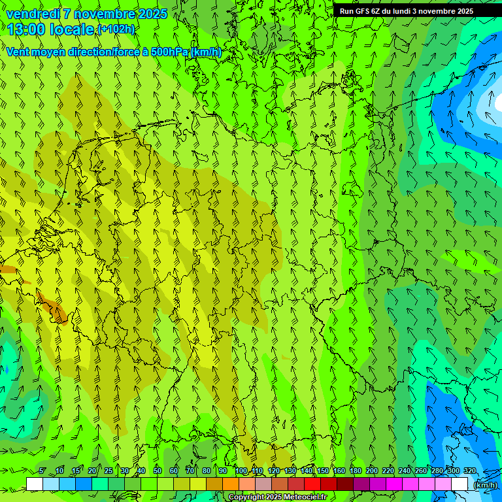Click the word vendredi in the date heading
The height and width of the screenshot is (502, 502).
[32, 14]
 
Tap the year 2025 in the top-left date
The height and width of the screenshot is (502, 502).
[147, 14]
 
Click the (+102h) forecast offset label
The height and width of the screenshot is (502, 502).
[116, 29]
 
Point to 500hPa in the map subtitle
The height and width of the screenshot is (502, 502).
[169, 52]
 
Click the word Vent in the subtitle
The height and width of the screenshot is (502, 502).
[18, 52]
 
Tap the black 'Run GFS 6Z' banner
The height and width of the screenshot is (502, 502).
[407, 10]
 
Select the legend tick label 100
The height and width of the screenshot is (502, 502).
[241, 471]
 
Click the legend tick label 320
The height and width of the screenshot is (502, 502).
[469, 471]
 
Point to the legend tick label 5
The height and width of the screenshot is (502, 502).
[42, 471]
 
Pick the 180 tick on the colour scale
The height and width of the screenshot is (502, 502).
[355, 471]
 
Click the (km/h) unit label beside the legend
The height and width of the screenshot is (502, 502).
[485, 485]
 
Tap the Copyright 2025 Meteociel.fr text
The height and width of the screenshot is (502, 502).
[278, 497]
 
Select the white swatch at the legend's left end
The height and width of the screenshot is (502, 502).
[35, 484]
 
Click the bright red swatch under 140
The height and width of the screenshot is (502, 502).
[312, 484]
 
